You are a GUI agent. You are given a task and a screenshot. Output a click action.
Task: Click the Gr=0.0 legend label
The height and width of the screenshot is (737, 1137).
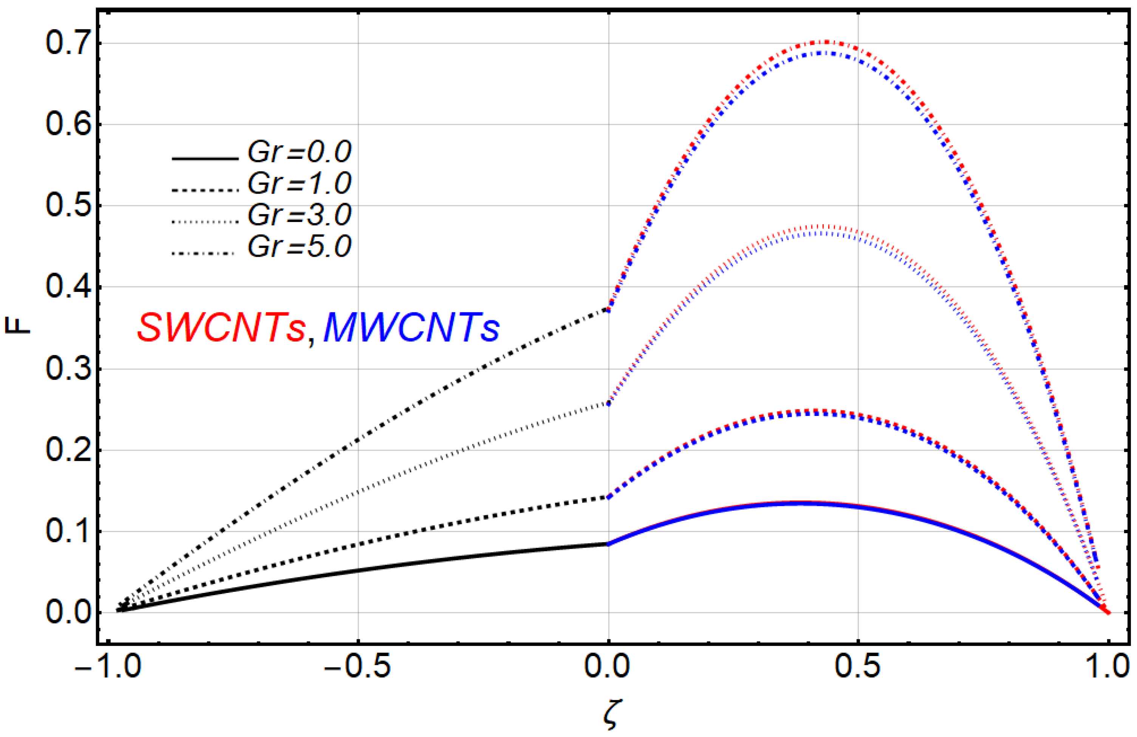(300, 152)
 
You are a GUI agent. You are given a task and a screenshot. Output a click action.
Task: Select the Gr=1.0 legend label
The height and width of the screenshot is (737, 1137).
(300, 183)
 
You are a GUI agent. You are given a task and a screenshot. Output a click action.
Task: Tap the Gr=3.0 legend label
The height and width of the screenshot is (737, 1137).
(300, 215)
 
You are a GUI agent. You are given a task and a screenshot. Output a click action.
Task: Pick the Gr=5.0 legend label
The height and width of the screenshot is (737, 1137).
(300, 247)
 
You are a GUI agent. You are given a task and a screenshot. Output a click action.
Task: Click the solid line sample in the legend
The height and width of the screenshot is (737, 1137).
(204, 158)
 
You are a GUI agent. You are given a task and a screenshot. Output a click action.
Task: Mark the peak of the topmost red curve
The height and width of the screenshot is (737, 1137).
(826, 42)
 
